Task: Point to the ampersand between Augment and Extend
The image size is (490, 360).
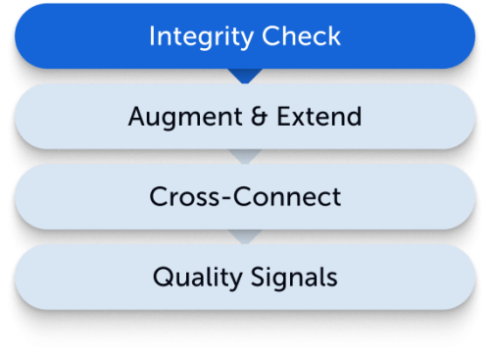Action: tap(257, 117)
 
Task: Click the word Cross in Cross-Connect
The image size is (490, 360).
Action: tap(177, 196)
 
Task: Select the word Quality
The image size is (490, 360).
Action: tap(190, 277)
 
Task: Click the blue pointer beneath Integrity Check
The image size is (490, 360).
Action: tap(245, 76)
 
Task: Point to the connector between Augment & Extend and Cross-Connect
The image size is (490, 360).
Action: tap(245, 156)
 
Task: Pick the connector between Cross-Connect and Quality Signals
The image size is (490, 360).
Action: tap(245, 236)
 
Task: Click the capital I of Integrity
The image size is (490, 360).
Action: tap(154, 37)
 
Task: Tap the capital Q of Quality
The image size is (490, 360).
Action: tap(161, 277)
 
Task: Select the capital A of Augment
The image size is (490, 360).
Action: tap(136, 117)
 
